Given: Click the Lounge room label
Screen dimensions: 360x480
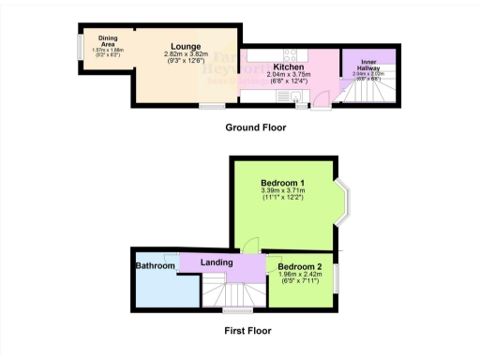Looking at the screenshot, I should [x=183, y=45].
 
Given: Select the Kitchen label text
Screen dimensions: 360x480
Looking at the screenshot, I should [x=287, y=67].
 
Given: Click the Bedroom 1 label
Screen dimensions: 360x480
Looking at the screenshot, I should [x=282, y=182].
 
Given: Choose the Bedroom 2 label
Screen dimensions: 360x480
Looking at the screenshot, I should [x=299, y=267].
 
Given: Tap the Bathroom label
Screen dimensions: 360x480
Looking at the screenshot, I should [x=156, y=266].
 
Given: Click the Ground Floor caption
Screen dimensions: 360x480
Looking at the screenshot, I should [x=256, y=127].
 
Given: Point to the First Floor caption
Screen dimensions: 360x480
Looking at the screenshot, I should [x=247, y=331].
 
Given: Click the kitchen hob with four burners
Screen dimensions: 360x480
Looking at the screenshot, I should [x=289, y=53].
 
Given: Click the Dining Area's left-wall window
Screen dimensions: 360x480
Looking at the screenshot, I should [x=78, y=50].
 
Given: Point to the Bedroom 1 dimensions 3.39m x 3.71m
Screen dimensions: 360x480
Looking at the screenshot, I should [x=282, y=192].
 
